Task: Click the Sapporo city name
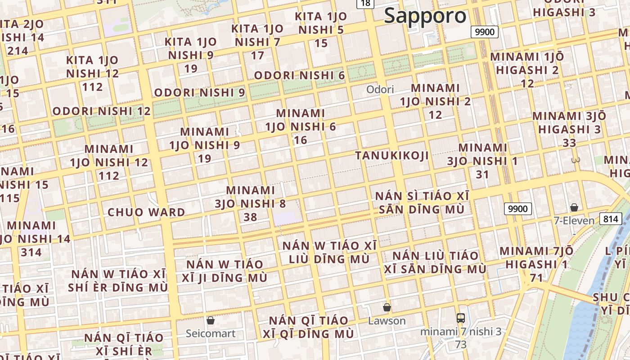coord(425,16)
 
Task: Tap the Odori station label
coord(380,89)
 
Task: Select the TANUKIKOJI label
coord(391,156)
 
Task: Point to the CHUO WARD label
coord(146,212)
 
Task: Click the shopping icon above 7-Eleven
coord(574,207)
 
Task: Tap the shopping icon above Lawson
coord(387,307)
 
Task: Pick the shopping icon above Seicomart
coord(210,320)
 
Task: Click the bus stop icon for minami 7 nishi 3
coord(460,318)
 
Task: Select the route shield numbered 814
coord(610,219)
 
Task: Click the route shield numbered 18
coord(365,4)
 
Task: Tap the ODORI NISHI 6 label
coord(299,75)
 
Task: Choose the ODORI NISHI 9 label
coord(199,93)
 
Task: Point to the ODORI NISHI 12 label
coord(101,111)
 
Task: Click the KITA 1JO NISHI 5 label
coord(321,30)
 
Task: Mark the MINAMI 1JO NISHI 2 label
coord(435,101)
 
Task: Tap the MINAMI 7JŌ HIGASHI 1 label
coord(536,264)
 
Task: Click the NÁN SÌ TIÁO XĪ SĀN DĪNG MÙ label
coord(422,203)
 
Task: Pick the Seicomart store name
coord(211,334)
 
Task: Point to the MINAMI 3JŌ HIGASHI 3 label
coord(569,129)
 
